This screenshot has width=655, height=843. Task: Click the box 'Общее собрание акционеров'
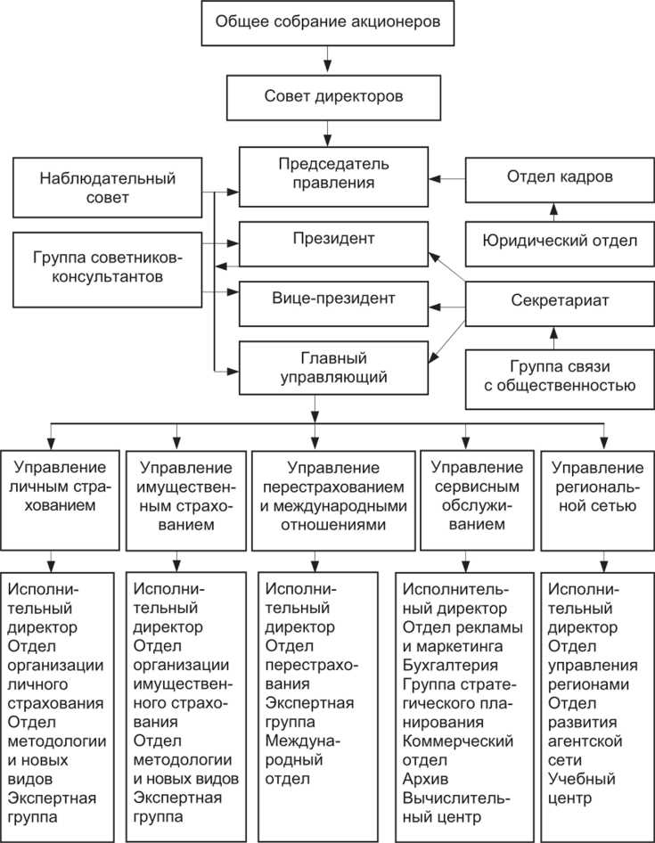coord(328,23)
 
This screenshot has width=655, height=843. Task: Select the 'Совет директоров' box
coord(328,96)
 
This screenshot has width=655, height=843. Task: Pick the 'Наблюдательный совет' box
coord(107,187)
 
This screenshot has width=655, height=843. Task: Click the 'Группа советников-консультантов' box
coord(107,267)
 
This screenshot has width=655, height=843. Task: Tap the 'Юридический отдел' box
coord(560,241)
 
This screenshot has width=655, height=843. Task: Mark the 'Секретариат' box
coord(560,300)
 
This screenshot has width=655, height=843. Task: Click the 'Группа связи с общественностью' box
coord(560,376)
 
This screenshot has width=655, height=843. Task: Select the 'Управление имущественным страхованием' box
coord(185,495)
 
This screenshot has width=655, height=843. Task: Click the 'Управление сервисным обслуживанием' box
coord(477,495)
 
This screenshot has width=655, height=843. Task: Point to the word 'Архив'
coord(423,778)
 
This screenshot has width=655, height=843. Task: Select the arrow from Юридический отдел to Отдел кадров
coord(553,211)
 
